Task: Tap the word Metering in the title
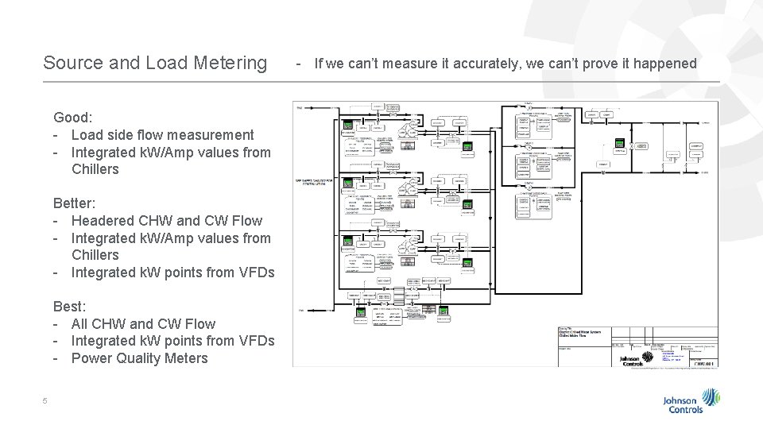[x=230, y=62]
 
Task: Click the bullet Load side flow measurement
[x=162, y=135]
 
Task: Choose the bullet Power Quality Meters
[x=140, y=357]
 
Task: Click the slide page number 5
[x=45, y=400]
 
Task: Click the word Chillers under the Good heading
[x=95, y=169]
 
